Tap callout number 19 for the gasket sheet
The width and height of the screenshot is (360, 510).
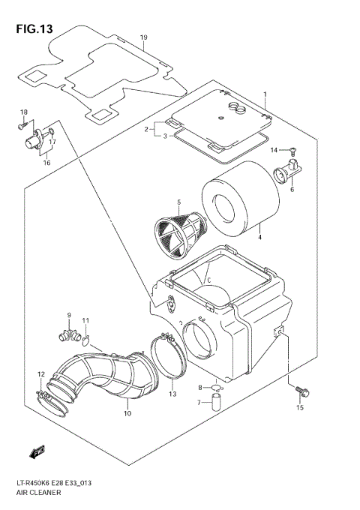point(143,37)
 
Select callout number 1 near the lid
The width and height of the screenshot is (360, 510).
point(265,94)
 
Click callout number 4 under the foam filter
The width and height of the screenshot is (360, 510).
point(259,238)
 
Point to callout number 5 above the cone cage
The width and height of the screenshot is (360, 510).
point(179,202)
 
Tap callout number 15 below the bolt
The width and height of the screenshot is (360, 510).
point(299,408)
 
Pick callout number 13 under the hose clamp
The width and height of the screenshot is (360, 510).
point(172,394)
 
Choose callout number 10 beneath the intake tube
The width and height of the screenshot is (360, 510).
point(127,412)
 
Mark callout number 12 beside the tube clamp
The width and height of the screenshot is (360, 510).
point(40,373)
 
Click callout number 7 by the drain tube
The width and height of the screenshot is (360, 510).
point(199,403)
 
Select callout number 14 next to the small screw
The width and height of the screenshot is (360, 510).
point(274,149)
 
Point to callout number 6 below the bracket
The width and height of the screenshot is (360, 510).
point(292,190)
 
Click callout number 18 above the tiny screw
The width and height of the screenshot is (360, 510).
point(23,112)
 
